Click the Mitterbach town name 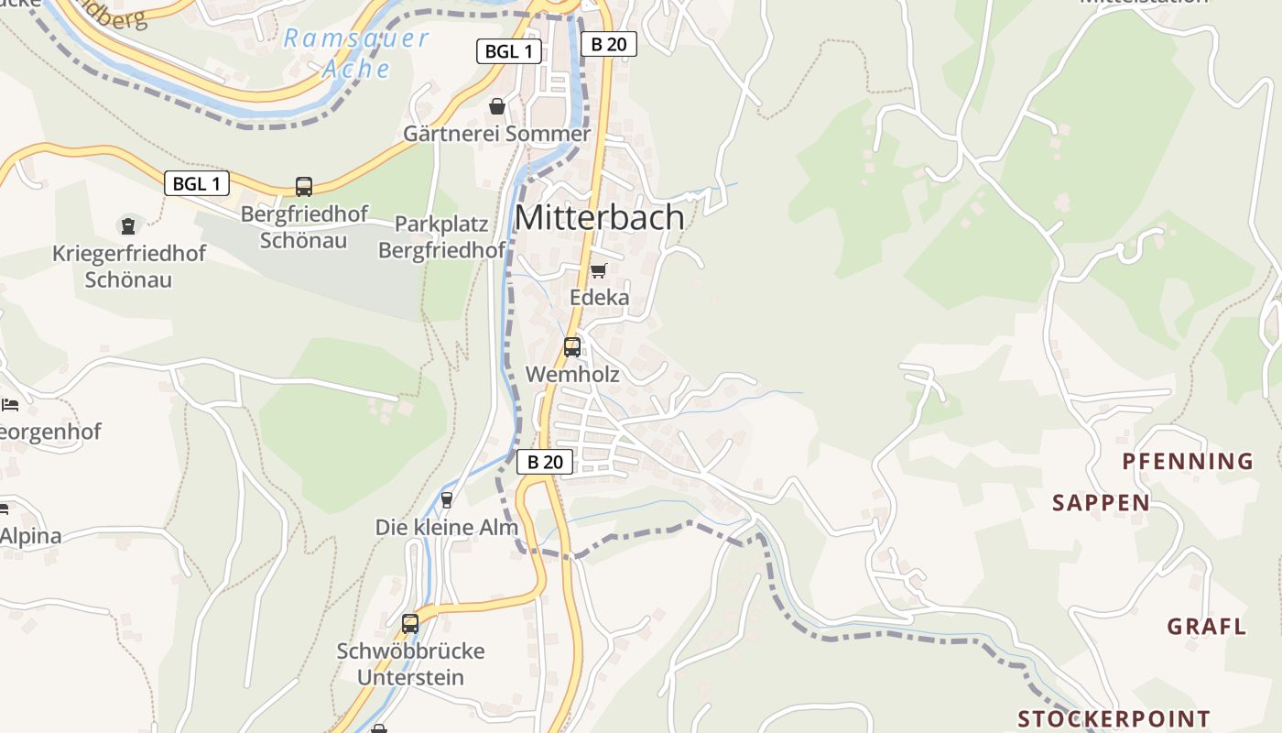coord(600,217)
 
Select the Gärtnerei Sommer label coord(497,134)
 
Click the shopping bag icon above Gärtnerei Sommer coord(497,106)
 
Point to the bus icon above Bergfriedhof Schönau coord(304,187)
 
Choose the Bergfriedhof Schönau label coord(304,227)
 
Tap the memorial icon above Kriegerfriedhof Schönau coord(128,225)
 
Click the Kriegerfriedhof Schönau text coord(129,267)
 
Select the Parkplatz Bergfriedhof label coord(442,237)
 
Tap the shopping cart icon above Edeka coord(599,270)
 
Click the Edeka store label coord(600,298)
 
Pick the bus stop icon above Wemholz coord(572,346)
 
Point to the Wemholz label coord(572,375)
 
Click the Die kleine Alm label coord(447,528)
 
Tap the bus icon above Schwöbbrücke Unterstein coord(410,624)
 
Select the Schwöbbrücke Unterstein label coord(410,664)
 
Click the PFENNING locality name coord(1188,462)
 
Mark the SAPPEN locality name coord(1101,503)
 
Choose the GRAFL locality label coord(1206,628)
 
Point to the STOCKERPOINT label coord(1114,718)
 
